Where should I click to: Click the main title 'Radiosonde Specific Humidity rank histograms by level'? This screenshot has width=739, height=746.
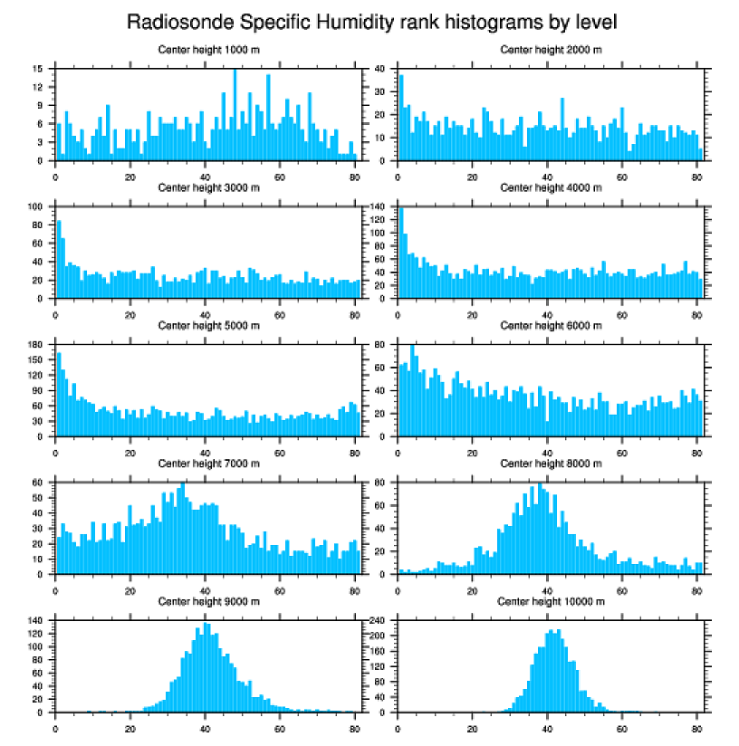371,21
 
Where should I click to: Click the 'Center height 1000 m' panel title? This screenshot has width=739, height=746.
208,49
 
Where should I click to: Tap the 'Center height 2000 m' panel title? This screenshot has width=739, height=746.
551,49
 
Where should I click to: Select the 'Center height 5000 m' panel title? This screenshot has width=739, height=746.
208,325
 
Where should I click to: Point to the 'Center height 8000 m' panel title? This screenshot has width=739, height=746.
551,464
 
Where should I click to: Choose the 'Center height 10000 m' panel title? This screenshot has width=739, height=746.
551,601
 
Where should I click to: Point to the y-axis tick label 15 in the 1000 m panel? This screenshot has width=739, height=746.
38,69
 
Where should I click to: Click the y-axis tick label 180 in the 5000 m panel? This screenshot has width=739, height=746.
36,345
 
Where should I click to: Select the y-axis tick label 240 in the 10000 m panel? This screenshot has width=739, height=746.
379,621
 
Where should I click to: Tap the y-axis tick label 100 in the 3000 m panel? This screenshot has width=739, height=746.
36,207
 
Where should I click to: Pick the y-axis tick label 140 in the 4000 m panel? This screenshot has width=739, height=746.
379,207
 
